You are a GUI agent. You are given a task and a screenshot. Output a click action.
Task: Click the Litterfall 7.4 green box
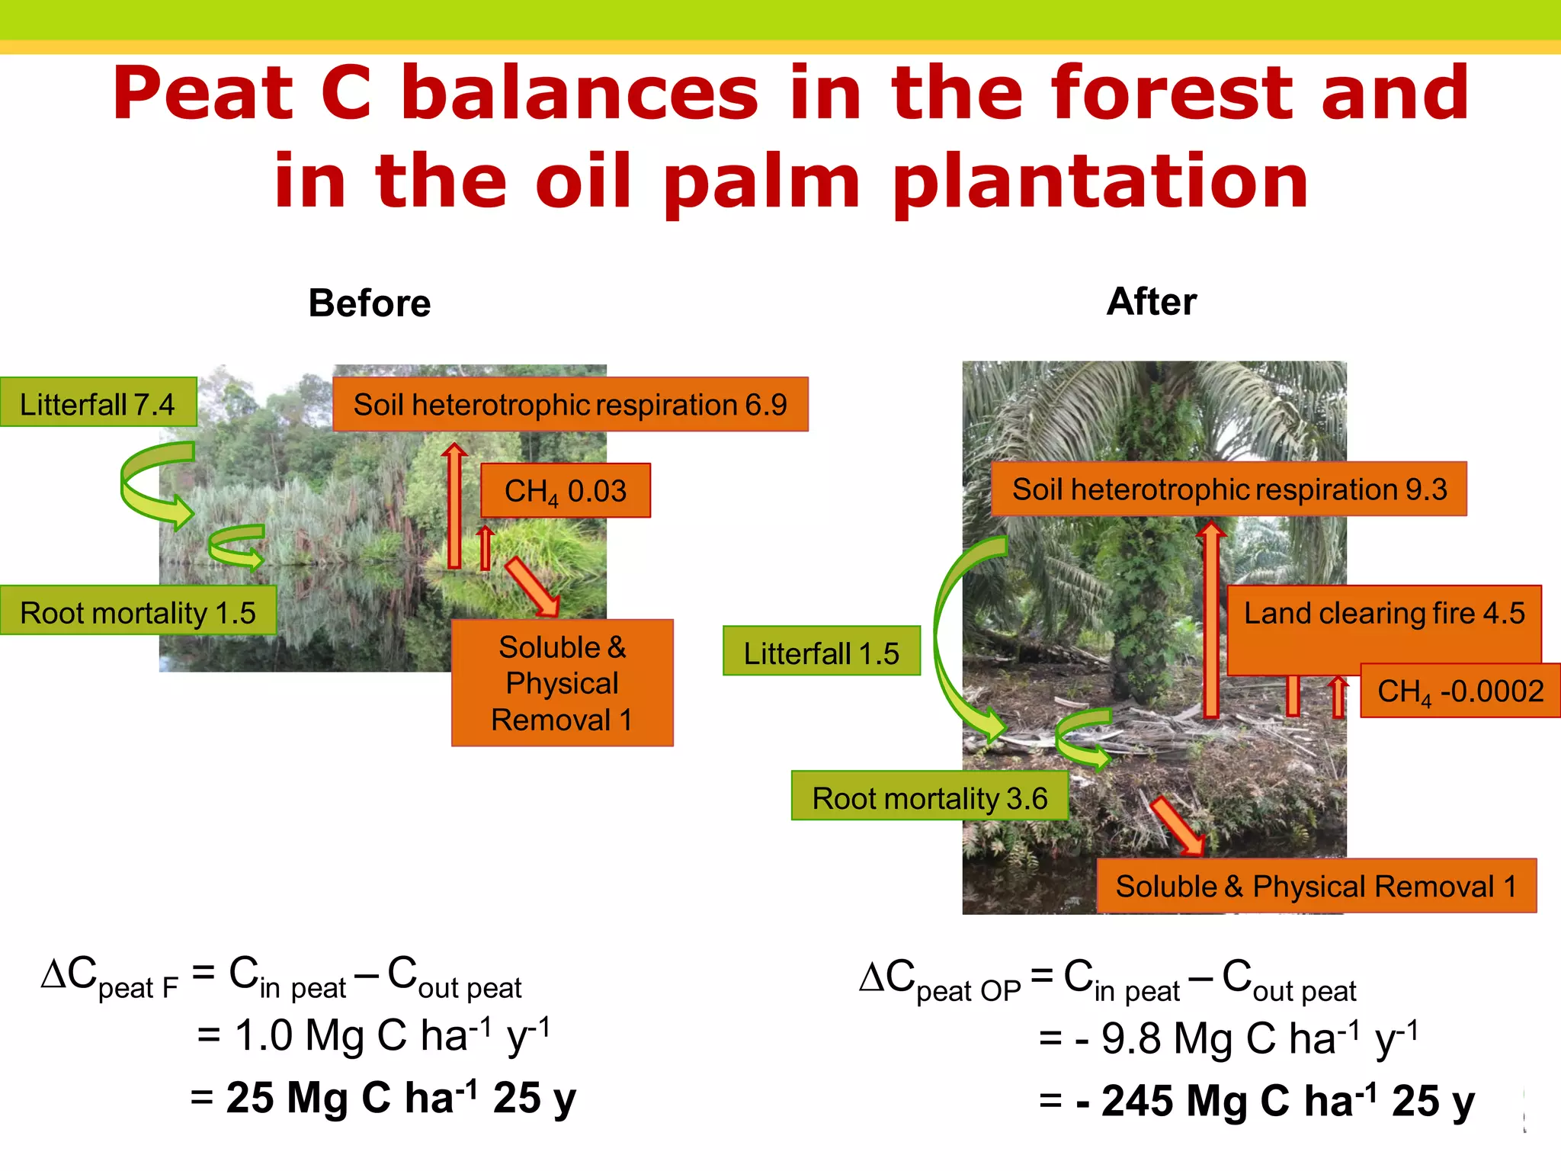[98, 403]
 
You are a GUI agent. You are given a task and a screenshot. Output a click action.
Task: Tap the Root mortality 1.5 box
[137, 611]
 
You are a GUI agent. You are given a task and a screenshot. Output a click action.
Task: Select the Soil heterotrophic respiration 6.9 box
[570, 405]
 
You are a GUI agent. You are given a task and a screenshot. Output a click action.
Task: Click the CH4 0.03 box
[566, 491]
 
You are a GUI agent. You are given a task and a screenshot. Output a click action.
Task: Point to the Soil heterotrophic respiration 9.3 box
[1229, 489]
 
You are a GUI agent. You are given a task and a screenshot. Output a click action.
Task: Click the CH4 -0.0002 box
[1460, 691]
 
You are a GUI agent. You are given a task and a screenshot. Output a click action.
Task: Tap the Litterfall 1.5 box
[821, 652]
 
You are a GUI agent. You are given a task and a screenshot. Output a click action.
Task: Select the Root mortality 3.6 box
[929, 797]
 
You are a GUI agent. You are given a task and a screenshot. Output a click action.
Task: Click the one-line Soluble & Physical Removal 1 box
[1316, 886]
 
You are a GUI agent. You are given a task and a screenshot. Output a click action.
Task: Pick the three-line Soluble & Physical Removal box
[562, 683]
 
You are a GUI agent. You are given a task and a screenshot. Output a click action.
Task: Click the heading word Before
[370, 303]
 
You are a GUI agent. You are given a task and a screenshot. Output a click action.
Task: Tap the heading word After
[1151, 302]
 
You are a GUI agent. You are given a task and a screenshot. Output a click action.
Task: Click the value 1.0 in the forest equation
[264, 1036]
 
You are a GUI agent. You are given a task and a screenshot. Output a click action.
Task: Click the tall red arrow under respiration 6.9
[454, 507]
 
